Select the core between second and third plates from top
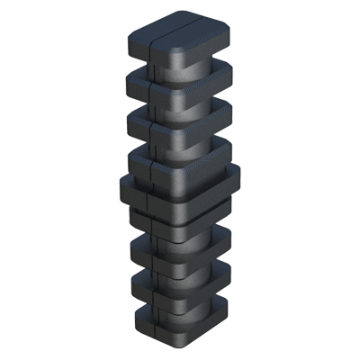click(184, 103)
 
